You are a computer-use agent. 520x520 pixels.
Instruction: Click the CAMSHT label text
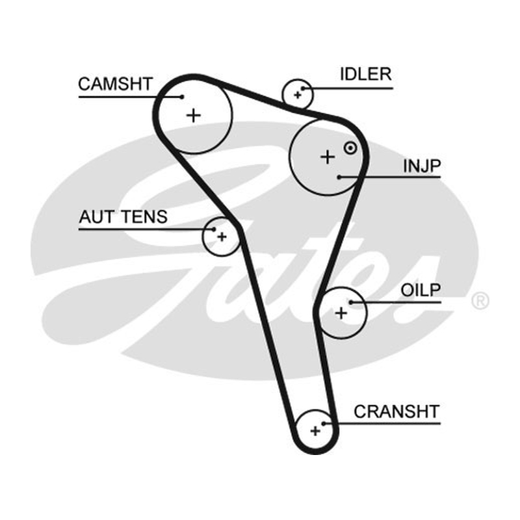pyautogui.click(x=115, y=84)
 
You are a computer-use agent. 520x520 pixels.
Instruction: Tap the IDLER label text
pyautogui.click(x=366, y=74)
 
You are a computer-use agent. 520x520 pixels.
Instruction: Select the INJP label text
pyautogui.click(x=422, y=166)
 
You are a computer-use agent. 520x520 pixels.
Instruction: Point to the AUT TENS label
pyautogui.click(x=123, y=217)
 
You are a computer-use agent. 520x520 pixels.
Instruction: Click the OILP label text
pyautogui.click(x=421, y=290)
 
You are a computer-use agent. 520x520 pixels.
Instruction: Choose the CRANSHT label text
pyautogui.click(x=396, y=411)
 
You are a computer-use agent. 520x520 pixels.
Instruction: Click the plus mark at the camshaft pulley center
pyautogui.click(x=194, y=116)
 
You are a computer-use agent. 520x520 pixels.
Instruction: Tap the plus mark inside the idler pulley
pyautogui.click(x=298, y=95)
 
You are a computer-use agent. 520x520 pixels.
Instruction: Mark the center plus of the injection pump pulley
pyautogui.click(x=328, y=157)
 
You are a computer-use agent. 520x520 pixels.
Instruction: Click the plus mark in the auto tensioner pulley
pyautogui.click(x=222, y=237)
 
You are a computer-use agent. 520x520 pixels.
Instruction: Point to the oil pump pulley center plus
pyautogui.click(x=341, y=313)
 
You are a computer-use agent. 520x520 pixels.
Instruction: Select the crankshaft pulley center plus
pyautogui.click(x=315, y=431)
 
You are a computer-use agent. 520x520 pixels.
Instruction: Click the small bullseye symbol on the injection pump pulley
pyautogui.click(x=350, y=148)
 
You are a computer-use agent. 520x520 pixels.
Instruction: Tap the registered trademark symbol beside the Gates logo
pyautogui.click(x=480, y=300)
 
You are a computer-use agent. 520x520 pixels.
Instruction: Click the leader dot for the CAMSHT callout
pyautogui.click(x=182, y=97)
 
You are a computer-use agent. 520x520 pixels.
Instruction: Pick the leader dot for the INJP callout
pyautogui.click(x=339, y=177)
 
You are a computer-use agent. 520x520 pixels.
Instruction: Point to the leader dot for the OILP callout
pyautogui.click(x=351, y=302)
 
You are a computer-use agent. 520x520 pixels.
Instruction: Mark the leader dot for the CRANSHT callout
pyautogui.click(x=324, y=424)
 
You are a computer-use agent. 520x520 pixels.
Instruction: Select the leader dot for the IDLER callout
pyautogui.click(x=303, y=88)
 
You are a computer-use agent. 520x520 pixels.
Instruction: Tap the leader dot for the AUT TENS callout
pyautogui.click(x=214, y=229)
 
